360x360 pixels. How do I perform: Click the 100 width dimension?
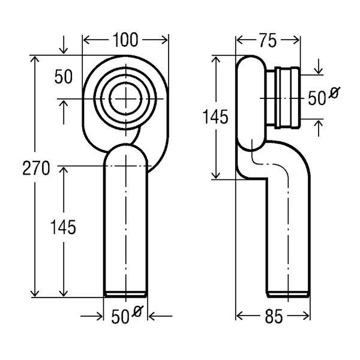pos(125,40)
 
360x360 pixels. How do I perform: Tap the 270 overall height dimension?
pos(36,168)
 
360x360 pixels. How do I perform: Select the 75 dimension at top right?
pos(268,41)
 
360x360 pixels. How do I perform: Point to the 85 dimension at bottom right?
pos(274,316)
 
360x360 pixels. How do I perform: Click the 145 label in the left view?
pos(63,227)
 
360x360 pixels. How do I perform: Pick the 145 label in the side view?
pos(215,116)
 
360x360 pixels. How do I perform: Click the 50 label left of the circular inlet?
pos(64,76)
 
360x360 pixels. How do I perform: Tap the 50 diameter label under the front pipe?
pos(120,317)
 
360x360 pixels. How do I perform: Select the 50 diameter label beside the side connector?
pos(317,98)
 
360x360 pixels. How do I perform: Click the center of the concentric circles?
pos(125,99)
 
